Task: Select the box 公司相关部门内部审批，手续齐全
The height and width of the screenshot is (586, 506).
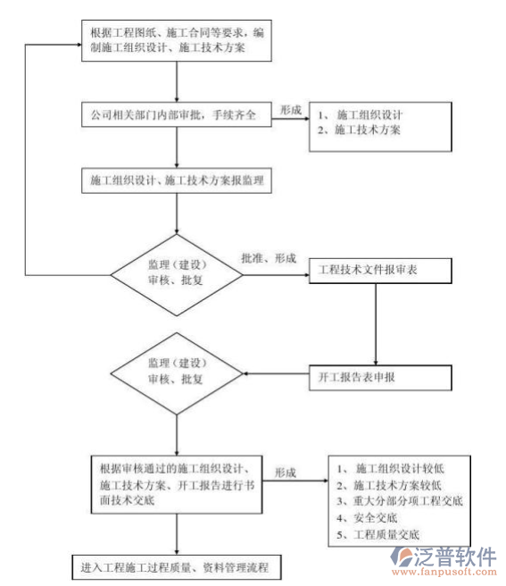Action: click(x=175, y=116)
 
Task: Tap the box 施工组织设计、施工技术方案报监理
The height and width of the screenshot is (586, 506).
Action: click(x=175, y=179)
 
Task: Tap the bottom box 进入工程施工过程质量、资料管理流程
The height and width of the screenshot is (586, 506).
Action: click(x=175, y=566)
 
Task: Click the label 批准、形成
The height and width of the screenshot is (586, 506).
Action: click(x=269, y=257)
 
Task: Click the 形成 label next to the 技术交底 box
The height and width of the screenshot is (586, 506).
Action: click(x=286, y=472)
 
